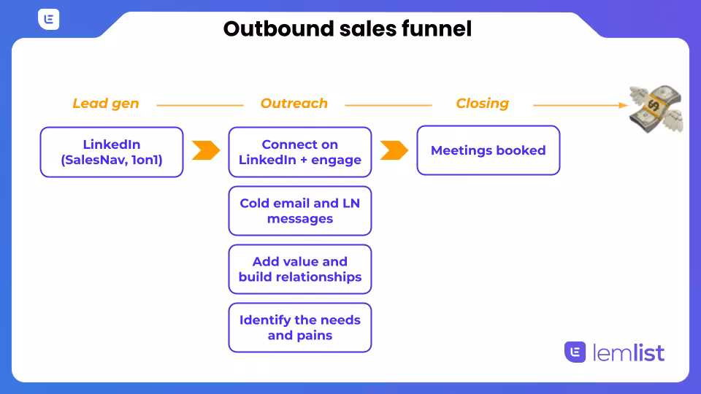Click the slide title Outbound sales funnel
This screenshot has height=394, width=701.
tap(348, 28)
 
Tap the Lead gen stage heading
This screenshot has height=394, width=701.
tap(105, 104)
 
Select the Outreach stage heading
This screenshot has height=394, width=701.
tap(294, 104)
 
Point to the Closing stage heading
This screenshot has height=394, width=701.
tap(482, 104)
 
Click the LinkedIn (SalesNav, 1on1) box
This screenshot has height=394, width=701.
tap(112, 152)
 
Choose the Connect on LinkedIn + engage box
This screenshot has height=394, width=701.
tap(300, 152)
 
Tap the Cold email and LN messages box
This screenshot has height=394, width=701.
tap(300, 211)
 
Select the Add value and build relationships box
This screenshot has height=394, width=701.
tap(300, 269)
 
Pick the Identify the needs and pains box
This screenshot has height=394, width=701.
tap(300, 328)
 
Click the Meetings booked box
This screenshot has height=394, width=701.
tap(488, 150)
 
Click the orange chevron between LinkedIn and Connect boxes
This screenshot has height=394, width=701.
tap(205, 150)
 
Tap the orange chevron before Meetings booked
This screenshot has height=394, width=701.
tap(394, 150)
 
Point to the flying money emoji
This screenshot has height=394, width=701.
tap(655, 108)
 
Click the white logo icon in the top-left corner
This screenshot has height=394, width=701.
tap(49, 20)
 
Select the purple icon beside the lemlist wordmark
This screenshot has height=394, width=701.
tap(575, 352)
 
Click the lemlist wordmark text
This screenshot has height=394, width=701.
tap(628, 353)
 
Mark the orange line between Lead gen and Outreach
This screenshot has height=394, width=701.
tap(199, 105)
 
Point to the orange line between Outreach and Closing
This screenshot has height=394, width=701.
tap(388, 105)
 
